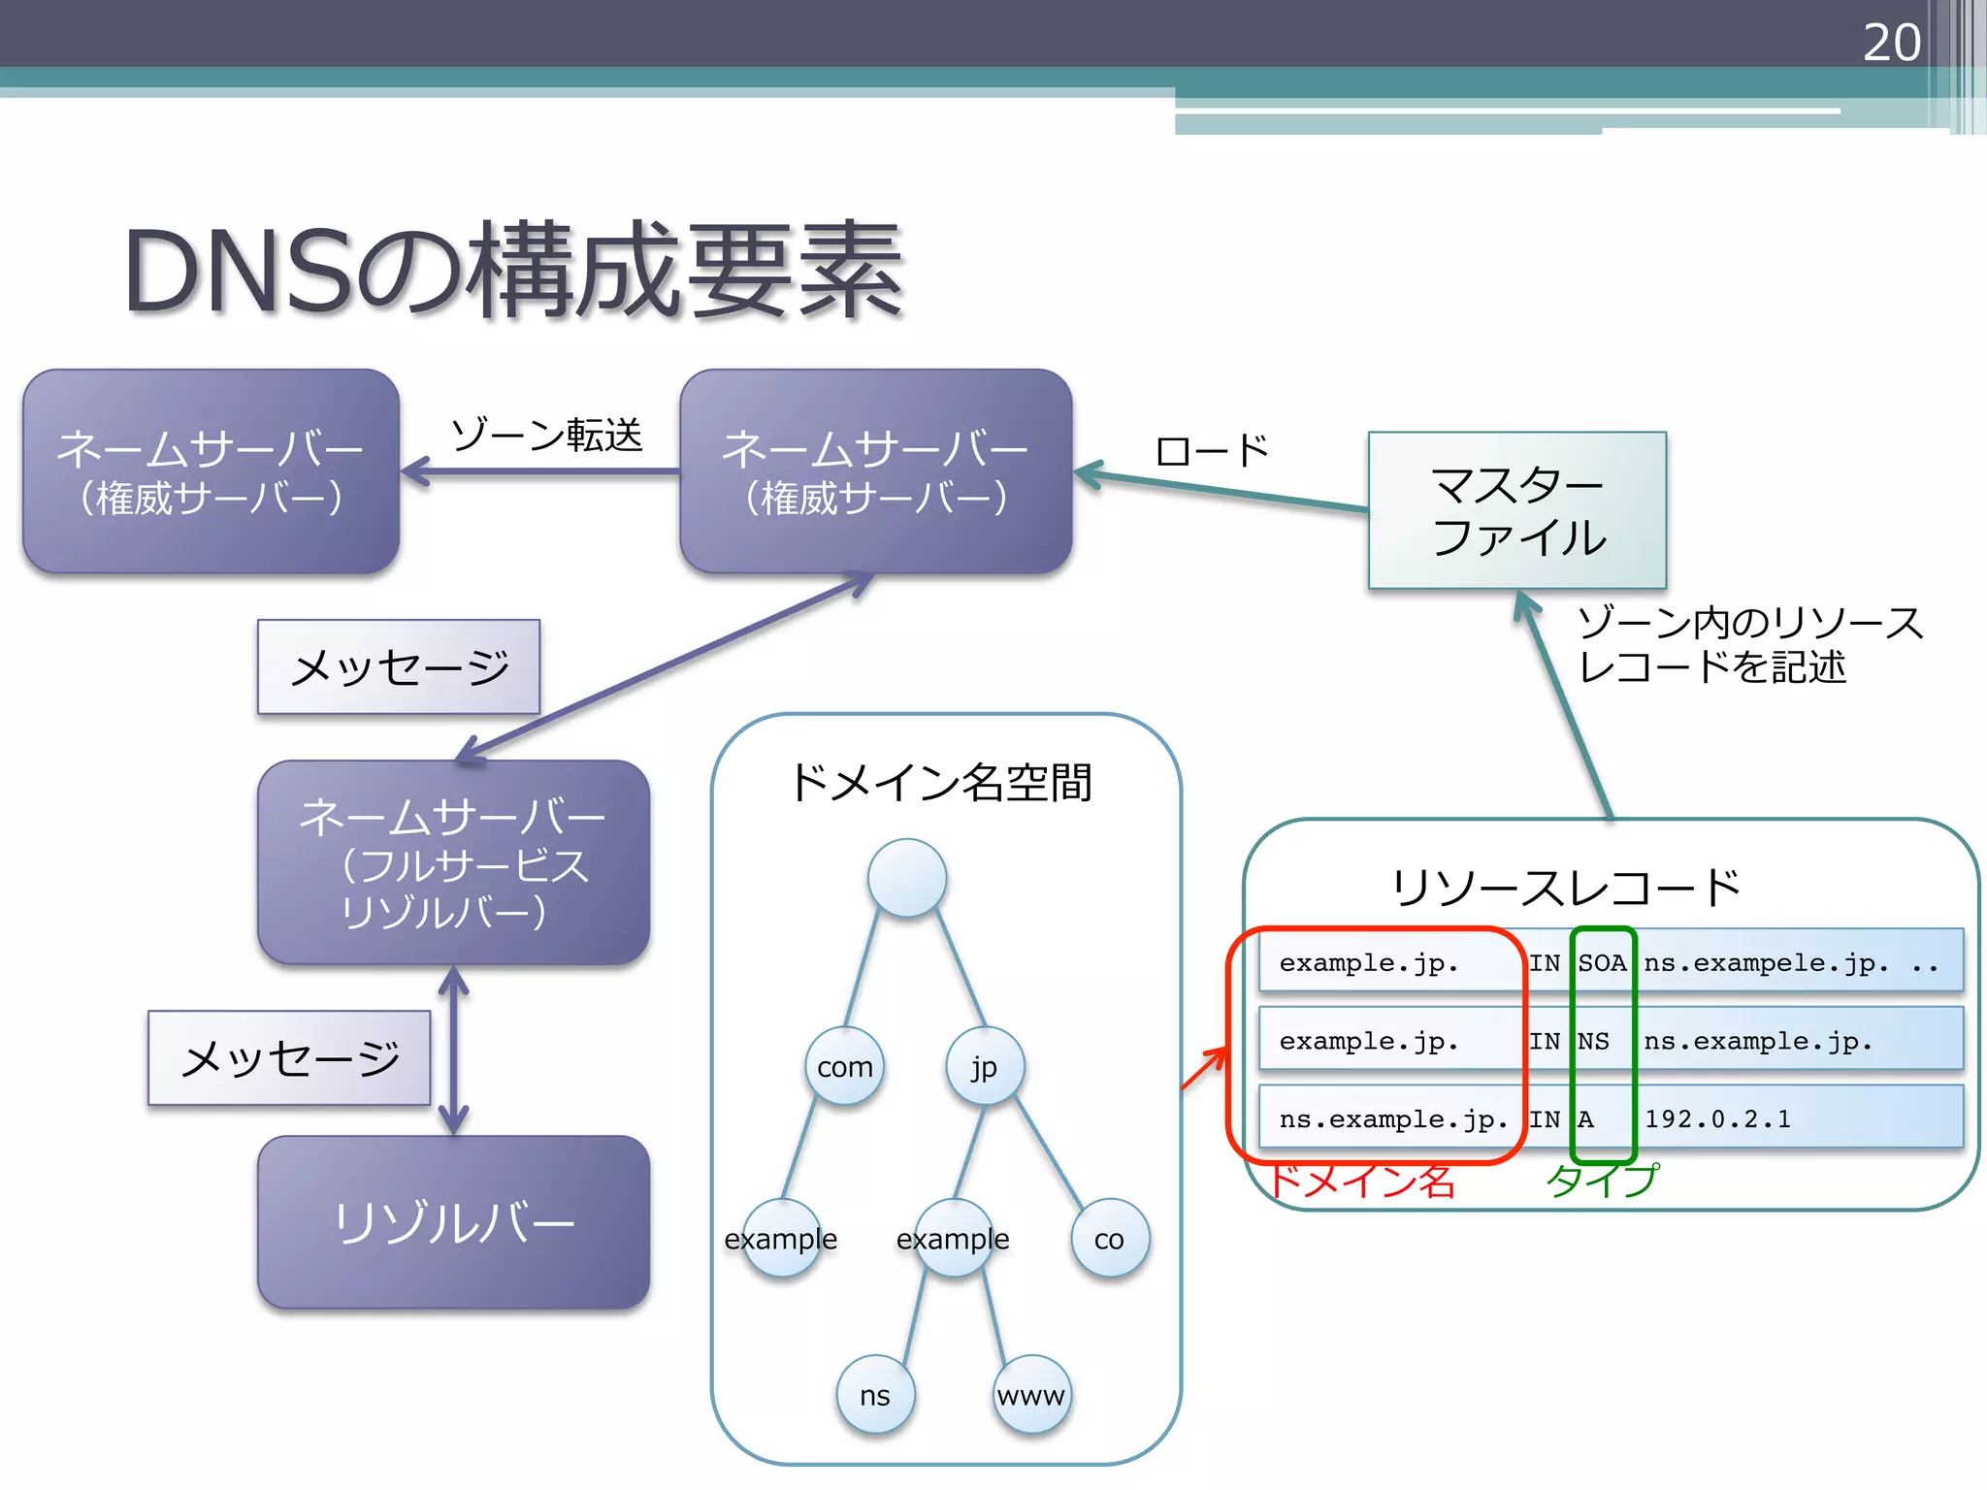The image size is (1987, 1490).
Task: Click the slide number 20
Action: tap(1891, 43)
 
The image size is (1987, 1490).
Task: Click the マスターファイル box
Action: tap(1516, 510)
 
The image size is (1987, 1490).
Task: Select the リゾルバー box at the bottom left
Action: tap(453, 1222)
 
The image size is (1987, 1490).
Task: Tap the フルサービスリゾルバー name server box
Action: tap(453, 862)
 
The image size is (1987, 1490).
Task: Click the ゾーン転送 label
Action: tap(547, 435)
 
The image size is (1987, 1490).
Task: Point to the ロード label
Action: tap(1212, 451)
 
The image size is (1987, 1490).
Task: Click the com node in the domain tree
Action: tap(844, 1067)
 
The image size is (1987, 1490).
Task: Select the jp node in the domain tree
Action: tap(984, 1067)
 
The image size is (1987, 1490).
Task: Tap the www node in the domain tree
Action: tap(1031, 1395)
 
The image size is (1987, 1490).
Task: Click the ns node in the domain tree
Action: tap(874, 1395)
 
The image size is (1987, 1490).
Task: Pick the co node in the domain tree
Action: tap(1109, 1239)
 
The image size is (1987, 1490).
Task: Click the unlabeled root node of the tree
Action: tap(906, 878)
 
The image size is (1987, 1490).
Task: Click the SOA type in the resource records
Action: tap(1601, 963)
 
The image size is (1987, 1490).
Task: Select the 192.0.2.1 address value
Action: tap(1717, 1118)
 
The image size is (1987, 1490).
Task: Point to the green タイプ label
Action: tap(1602, 1181)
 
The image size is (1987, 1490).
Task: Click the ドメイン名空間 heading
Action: tap(941, 783)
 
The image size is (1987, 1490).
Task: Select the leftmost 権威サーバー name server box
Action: tap(211, 471)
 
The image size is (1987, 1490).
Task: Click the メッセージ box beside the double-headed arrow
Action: tap(289, 1058)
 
